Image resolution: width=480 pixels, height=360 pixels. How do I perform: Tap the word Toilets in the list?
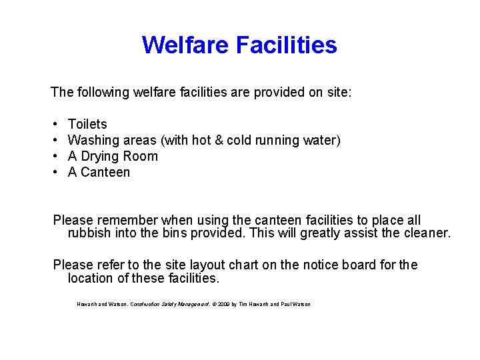[x=87, y=124]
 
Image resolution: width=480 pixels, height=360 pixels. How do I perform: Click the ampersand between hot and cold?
[x=219, y=140]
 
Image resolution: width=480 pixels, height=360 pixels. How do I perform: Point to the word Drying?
[x=99, y=156]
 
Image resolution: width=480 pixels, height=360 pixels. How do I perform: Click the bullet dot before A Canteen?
[x=53, y=172]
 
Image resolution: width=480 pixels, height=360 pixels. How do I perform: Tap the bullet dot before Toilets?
[x=53, y=124]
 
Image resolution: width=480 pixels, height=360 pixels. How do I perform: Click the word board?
[x=359, y=265]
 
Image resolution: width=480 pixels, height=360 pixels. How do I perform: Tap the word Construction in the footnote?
[x=144, y=304]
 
